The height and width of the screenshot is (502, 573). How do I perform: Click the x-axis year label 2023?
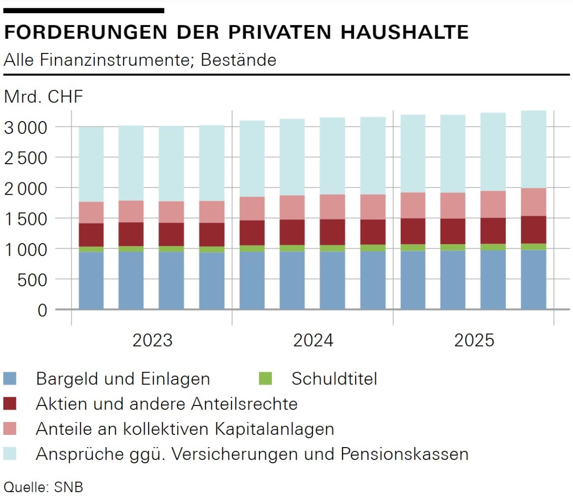click(x=152, y=340)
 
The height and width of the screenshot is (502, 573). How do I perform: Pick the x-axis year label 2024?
click(x=313, y=340)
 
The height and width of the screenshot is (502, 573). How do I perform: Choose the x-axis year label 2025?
click(x=474, y=340)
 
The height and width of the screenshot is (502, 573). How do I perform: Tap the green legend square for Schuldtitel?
click(x=265, y=378)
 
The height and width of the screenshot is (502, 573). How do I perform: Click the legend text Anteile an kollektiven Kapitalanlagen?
click(x=184, y=429)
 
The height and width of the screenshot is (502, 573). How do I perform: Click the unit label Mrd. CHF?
click(x=43, y=97)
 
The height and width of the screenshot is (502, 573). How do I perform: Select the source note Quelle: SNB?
click(x=43, y=487)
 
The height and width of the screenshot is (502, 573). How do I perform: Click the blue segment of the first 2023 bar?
click(x=91, y=280)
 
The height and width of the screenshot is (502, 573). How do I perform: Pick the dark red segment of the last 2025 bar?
click(x=533, y=229)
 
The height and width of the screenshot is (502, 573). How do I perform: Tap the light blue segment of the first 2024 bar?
click(x=252, y=158)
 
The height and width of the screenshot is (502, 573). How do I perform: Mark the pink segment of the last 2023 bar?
click(x=211, y=212)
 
